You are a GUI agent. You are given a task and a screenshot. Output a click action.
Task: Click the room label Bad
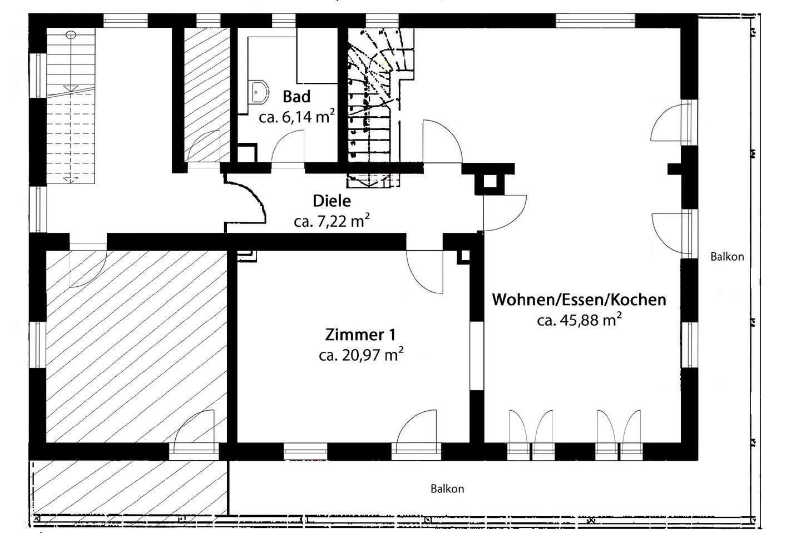click(x=296, y=97)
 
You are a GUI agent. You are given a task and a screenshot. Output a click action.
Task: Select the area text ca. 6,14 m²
click(x=296, y=117)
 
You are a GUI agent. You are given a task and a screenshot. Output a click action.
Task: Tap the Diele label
click(x=332, y=201)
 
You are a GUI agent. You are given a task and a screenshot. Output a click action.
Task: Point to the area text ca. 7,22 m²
click(x=332, y=221)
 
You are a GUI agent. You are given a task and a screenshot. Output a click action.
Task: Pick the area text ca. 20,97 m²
click(x=360, y=355)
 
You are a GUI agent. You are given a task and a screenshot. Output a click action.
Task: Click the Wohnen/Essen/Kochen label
click(x=579, y=300)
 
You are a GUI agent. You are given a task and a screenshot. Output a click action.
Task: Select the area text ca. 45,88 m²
click(x=579, y=320)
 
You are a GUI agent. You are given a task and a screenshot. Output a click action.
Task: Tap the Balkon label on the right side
click(x=726, y=257)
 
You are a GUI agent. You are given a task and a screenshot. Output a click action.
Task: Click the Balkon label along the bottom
click(x=447, y=489)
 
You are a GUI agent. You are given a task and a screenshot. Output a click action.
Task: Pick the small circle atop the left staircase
click(x=71, y=34)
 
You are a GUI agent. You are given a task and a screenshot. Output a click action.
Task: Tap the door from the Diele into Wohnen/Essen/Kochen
click(x=504, y=213)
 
